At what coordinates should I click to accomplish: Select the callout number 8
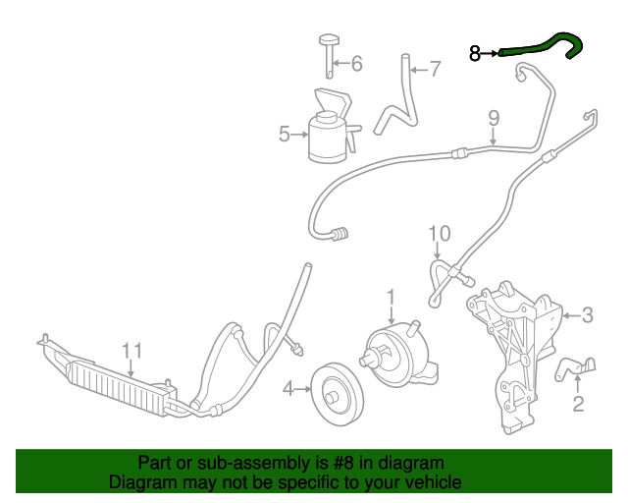475,54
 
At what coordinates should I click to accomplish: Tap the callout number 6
356,65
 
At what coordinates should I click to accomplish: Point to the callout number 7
435,69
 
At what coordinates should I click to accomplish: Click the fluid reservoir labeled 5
327,138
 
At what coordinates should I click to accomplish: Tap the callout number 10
439,233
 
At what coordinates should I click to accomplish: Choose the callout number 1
391,295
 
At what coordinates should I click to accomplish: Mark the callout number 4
288,390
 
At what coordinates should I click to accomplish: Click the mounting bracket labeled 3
515,344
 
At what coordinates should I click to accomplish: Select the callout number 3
587,315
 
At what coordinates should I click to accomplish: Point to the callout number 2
578,403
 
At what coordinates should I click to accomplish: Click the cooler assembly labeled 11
108,377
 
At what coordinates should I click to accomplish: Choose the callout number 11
131,351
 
